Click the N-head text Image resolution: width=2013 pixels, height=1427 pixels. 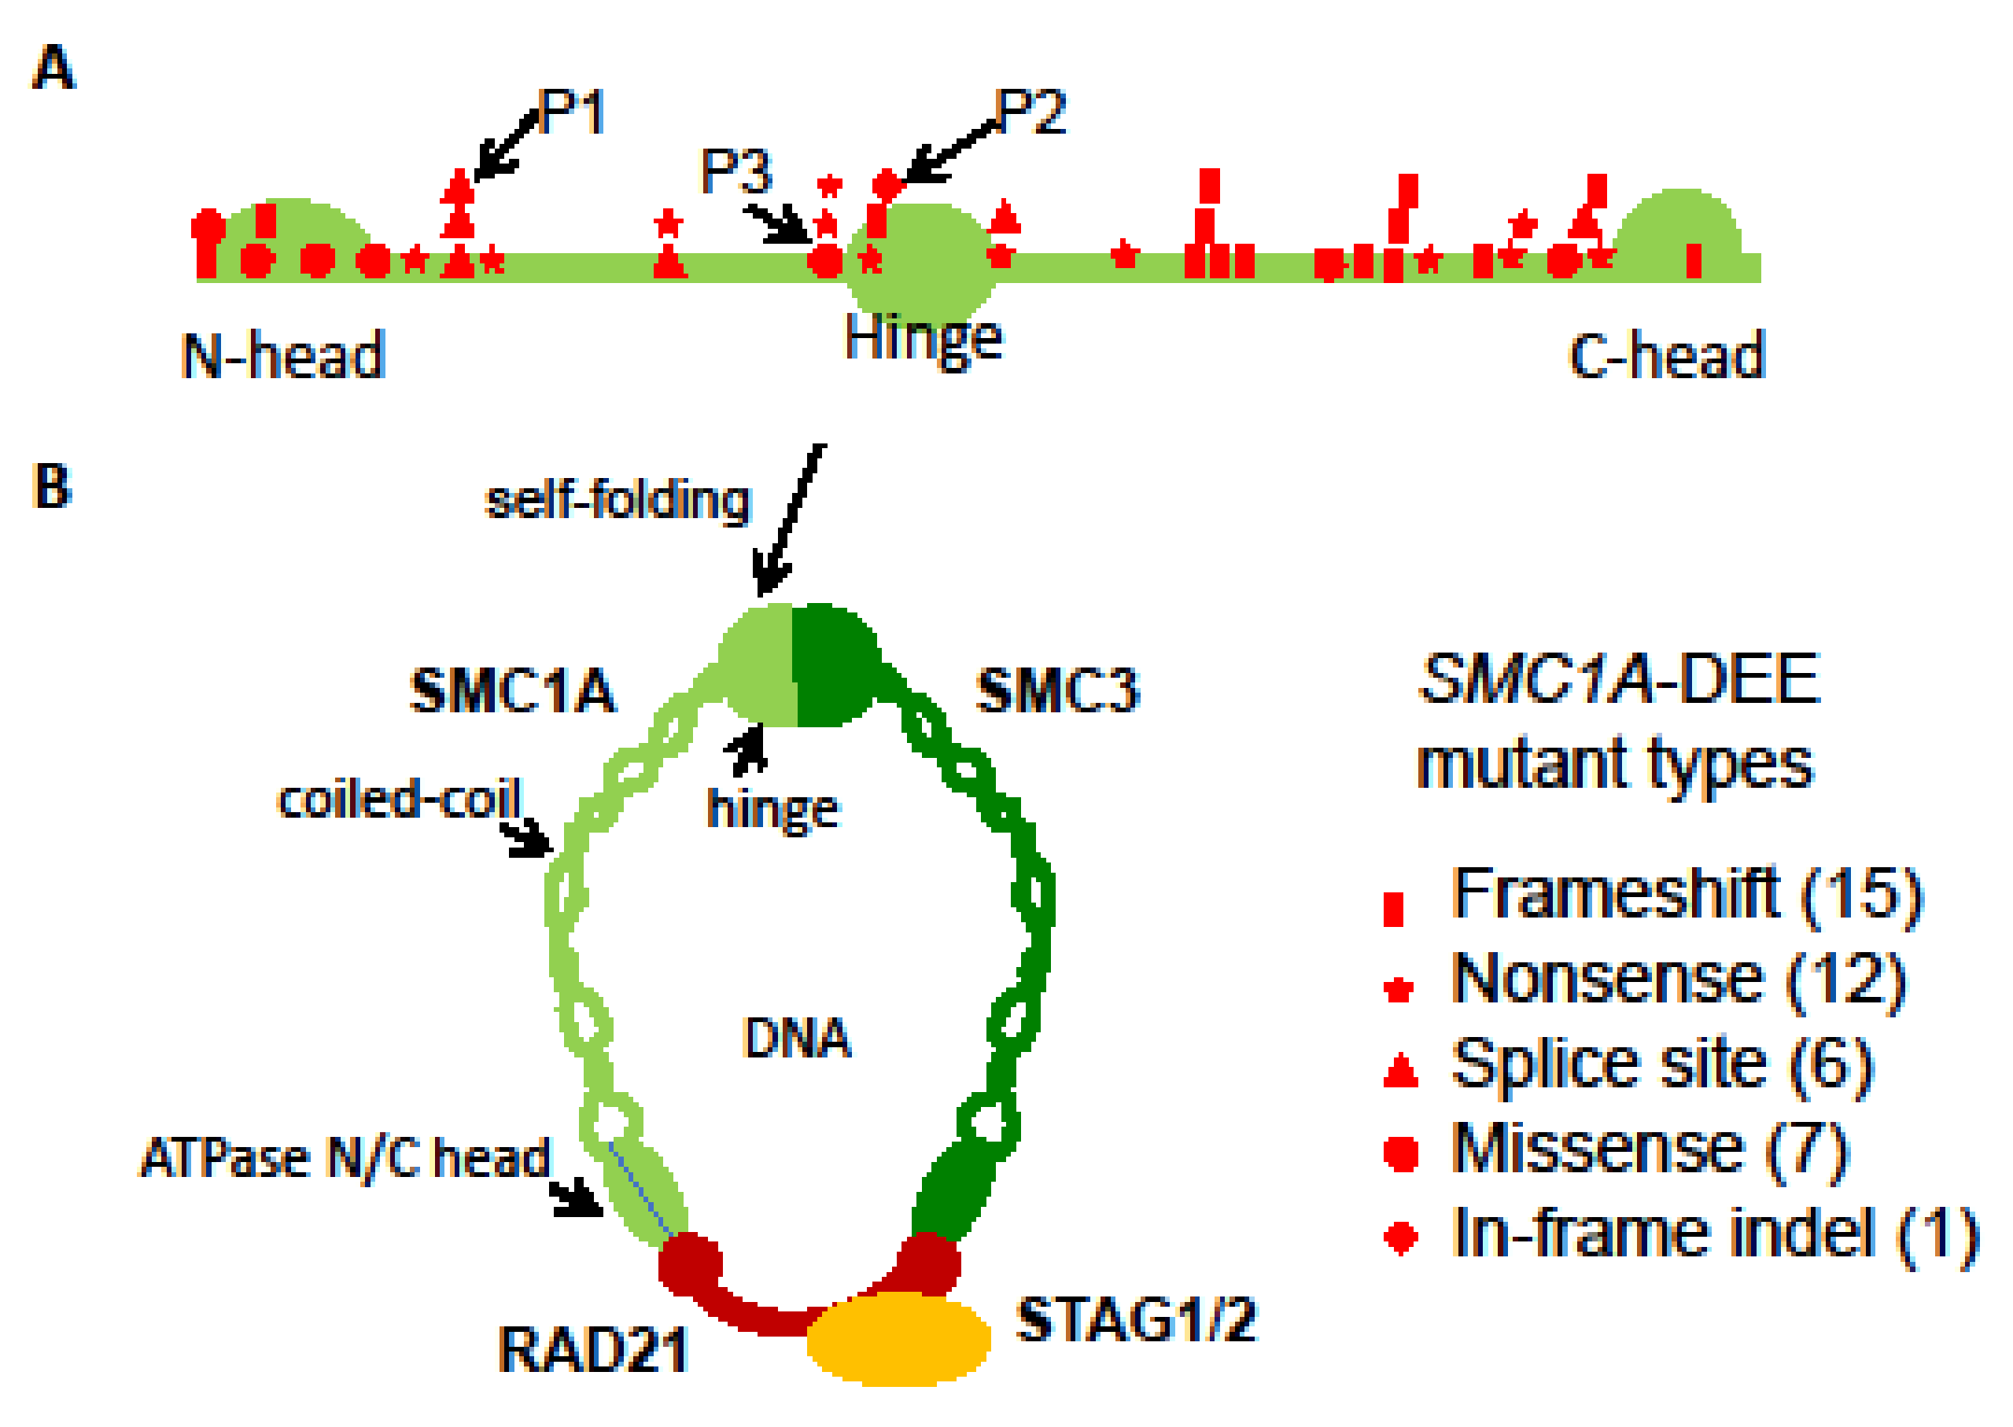click(x=283, y=356)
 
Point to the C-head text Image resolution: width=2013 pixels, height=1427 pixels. click(x=1666, y=356)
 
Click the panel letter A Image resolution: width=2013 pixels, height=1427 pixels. click(x=53, y=68)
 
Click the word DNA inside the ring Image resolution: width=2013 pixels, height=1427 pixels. click(x=796, y=1038)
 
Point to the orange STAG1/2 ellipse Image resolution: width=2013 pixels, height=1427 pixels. click(x=898, y=1338)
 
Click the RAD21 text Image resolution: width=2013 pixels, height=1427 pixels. click(x=592, y=1350)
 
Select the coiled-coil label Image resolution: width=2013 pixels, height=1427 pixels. click(x=400, y=800)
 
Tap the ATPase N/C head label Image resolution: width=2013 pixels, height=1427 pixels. click(x=345, y=1158)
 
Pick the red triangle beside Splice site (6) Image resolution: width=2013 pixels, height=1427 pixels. click(x=1400, y=1071)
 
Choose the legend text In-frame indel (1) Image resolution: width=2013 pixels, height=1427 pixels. click(x=1714, y=1233)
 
